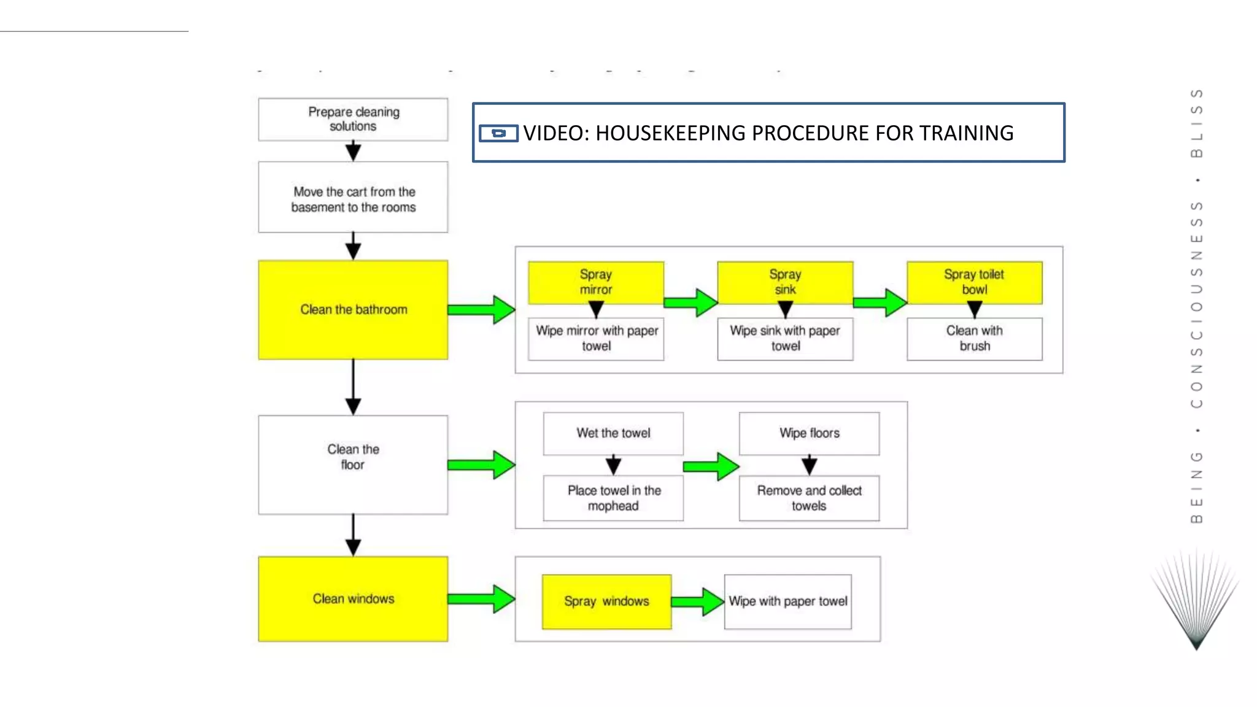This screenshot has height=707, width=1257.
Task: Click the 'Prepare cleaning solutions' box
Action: pos(353,119)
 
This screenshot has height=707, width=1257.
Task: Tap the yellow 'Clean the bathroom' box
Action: pos(353,309)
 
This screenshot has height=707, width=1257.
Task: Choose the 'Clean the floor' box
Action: pos(353,465)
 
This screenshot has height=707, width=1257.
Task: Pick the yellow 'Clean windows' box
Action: pos(353,598)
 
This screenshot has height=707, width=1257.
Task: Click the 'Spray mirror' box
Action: pos(595,282)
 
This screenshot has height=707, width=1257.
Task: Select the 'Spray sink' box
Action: pos(785,282)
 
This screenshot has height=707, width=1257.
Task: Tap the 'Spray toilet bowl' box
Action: pos(974,282)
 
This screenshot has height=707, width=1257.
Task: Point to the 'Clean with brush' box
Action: pos(974,339)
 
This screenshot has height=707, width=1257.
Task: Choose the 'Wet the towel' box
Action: pos(613,433)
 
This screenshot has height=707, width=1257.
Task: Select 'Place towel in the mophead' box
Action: pos(613,498)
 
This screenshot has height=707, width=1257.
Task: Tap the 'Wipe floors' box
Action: pos(809,433)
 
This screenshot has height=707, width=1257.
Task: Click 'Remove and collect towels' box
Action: pos(809,498)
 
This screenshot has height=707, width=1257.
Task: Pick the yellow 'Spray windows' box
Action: pos(606,601)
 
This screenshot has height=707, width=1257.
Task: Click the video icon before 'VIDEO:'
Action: pos(498,133)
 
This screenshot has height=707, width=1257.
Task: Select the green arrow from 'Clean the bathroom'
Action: pos(481,309)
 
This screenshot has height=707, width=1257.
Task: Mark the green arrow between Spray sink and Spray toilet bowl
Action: pos(880,302)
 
